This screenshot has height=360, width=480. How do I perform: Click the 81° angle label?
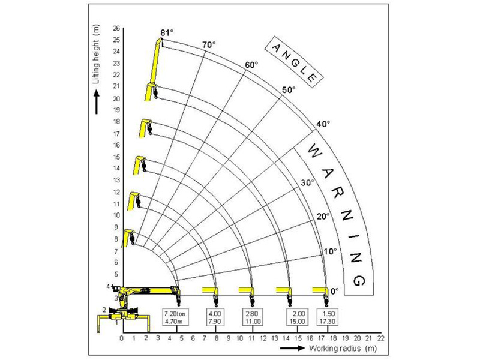167,32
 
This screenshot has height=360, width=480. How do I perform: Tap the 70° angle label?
209,45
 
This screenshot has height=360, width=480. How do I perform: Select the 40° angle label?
323,124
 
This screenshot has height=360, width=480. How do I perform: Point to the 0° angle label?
335,291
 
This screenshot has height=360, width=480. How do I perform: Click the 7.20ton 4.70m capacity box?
175,317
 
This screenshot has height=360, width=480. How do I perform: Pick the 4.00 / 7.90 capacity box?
215,317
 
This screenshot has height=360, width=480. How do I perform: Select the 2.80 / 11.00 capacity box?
253,317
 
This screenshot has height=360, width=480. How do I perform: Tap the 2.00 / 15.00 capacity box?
298,317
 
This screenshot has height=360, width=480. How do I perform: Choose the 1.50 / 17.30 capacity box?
327,317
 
